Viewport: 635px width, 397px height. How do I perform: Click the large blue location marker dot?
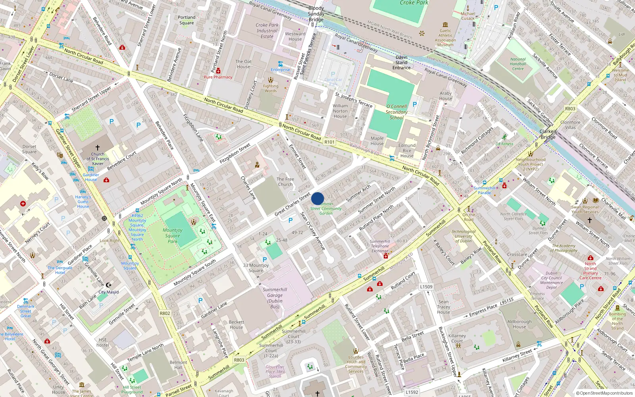pos(317,198)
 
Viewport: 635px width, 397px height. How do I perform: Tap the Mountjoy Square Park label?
pos(173,235)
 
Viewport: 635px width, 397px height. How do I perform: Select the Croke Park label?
pos(414,3)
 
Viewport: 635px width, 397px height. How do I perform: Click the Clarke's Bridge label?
pos(548,134)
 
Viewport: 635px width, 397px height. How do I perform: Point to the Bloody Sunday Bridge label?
pos(316,14)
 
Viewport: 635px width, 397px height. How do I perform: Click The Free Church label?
pos(285,181)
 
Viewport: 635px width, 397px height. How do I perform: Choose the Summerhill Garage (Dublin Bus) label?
pos(275,298)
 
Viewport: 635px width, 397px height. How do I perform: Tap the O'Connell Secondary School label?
pos(396,112)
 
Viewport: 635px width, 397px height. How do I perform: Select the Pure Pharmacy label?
pos(218,77)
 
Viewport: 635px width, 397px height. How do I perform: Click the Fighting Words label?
pos(271,88)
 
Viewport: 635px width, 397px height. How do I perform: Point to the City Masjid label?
pos(108,292)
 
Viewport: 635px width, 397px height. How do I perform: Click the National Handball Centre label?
pos(518,64)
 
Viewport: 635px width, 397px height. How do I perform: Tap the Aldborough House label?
pos(519,324)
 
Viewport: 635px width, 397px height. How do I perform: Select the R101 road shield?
pos(329,142)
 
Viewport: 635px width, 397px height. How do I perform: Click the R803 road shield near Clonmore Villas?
pos(570,108)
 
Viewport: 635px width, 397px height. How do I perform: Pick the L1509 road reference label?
pos(426,287)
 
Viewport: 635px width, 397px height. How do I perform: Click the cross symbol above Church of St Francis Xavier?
pos(98,147)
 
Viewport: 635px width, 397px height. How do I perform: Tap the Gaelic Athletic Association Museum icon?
pos(445,25)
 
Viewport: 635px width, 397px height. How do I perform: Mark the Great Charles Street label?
pos(292,204)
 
